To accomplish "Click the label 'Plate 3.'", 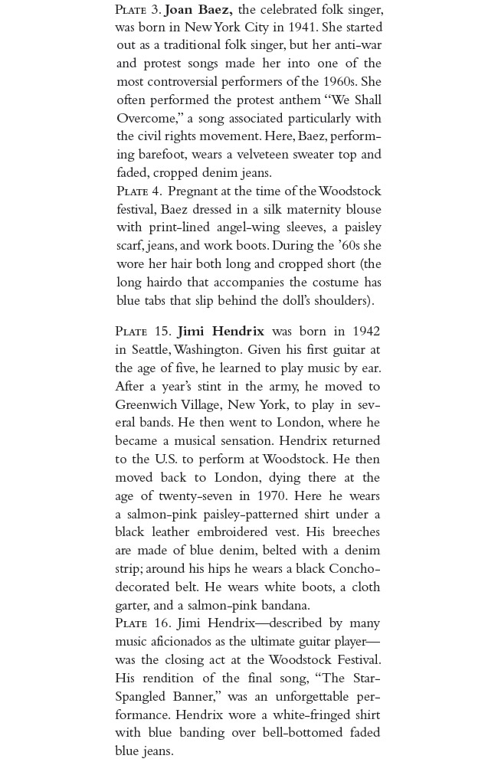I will click(138, 10).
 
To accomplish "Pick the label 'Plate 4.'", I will click(139, 191).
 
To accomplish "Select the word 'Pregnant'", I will click(192, 191).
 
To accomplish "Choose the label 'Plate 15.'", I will click(143, 332).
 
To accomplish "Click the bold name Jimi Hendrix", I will click(221, 332).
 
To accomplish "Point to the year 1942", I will click(366, 332).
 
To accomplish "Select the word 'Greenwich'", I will click(147, 404).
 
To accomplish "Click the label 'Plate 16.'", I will click(143, 623).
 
